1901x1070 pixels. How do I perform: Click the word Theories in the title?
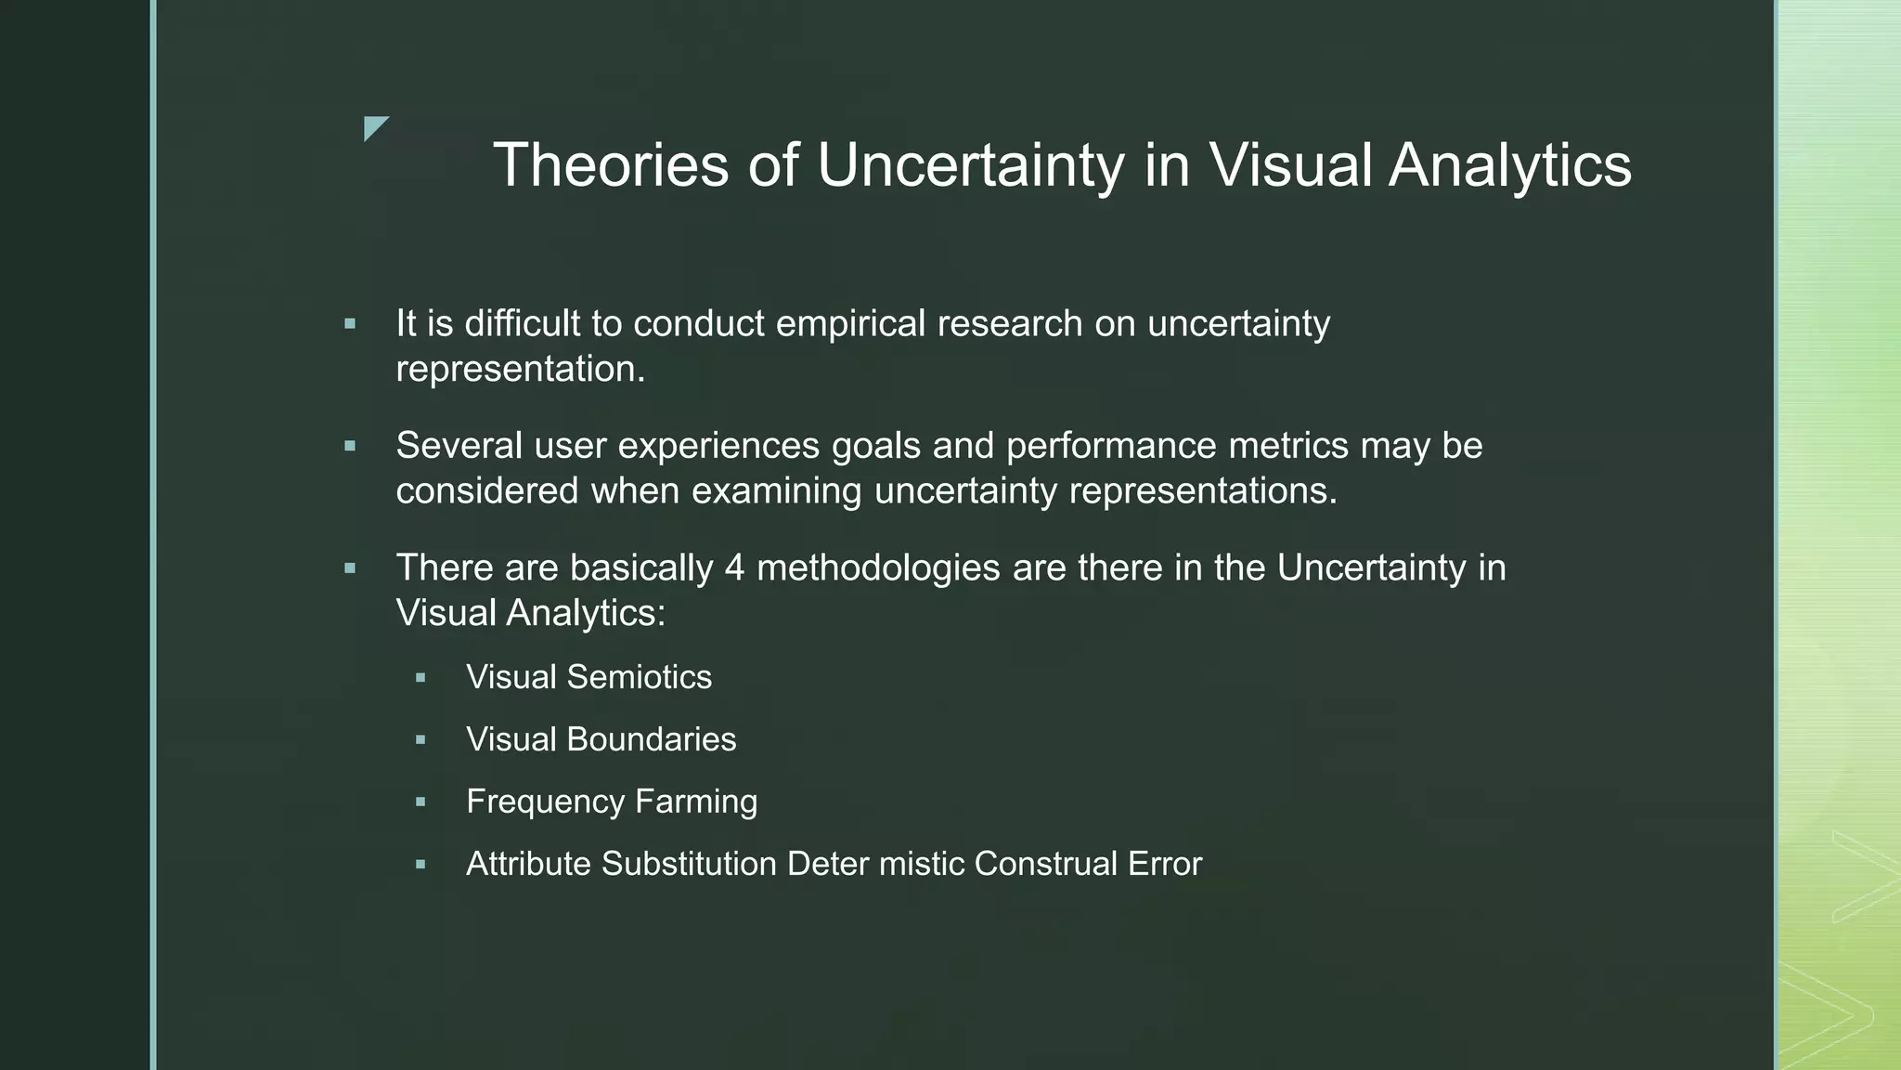pyautogui.click(x=611, y=165)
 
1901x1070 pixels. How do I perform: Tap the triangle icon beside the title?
pyautogui.click(x=374, y=127)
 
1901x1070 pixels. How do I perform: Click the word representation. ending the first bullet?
pyautogui.click(x=520, y=369)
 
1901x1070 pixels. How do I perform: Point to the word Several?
pyautogui.click(x=459, y=445)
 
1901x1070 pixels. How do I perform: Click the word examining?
pyautogui.click(x=776, y=490)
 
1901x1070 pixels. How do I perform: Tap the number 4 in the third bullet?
pyautogui.click(x=734, y=568)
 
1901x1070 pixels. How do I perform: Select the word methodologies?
pyautogui.click(x=878, y=568)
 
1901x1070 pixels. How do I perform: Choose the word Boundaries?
pyautogui.click(x=651, y=739)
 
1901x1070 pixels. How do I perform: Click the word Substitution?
pyautogui.click(x=689, y=864)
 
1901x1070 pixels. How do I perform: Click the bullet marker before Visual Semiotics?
pyautogui.click(x=420, y=678)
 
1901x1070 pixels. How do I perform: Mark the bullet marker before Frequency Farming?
pyautogui.click(x=420, y=802)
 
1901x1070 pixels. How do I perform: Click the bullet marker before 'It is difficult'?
pyautogui.click(x=350, y=324)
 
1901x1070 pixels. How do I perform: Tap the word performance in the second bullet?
pyautogui.click(x=1111, y=445)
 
